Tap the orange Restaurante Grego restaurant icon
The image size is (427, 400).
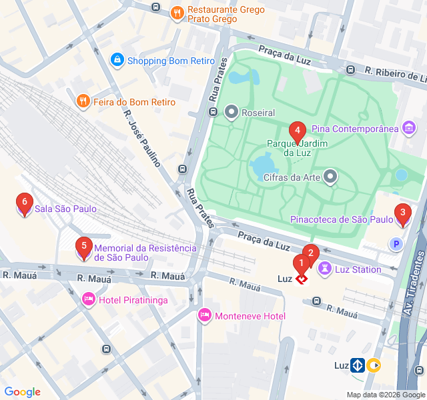click(177, 11)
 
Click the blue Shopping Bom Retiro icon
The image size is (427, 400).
click(117, 60)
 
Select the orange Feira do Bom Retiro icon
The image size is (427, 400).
click(83, 102)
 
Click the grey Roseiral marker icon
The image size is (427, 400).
click(232, 112)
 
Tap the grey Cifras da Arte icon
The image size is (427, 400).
click(330, 177)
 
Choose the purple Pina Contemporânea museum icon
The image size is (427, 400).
click(409, 127)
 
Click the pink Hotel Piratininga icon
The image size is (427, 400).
click(88, 300)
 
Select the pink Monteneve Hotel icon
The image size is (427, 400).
click(205, 315)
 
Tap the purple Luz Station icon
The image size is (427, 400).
click(325, 269)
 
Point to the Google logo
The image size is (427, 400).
click(23, 392)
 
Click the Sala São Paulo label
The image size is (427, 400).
click(65, 209)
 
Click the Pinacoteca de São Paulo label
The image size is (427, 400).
click(342, 219)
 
